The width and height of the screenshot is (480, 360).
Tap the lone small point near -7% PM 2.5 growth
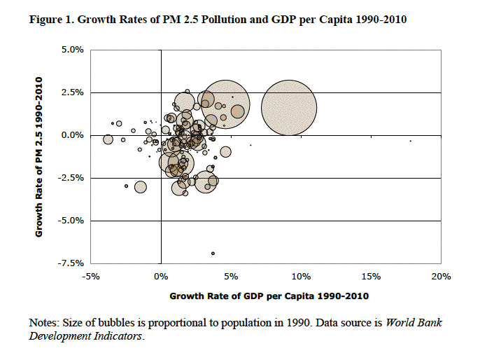tap(213, 253)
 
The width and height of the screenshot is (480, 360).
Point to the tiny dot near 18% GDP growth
tap(410, 141)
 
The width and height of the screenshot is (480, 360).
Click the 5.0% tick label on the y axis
tap(71, 50)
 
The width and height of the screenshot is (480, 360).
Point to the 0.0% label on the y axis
tap(71, 135)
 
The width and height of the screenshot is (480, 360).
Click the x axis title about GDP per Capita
tap(269, 296)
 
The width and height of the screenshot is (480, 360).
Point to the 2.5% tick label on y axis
tap(71, 92)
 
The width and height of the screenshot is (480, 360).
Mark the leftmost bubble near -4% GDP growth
tap(108, 139)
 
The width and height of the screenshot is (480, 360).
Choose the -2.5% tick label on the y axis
tap(70, 178)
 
